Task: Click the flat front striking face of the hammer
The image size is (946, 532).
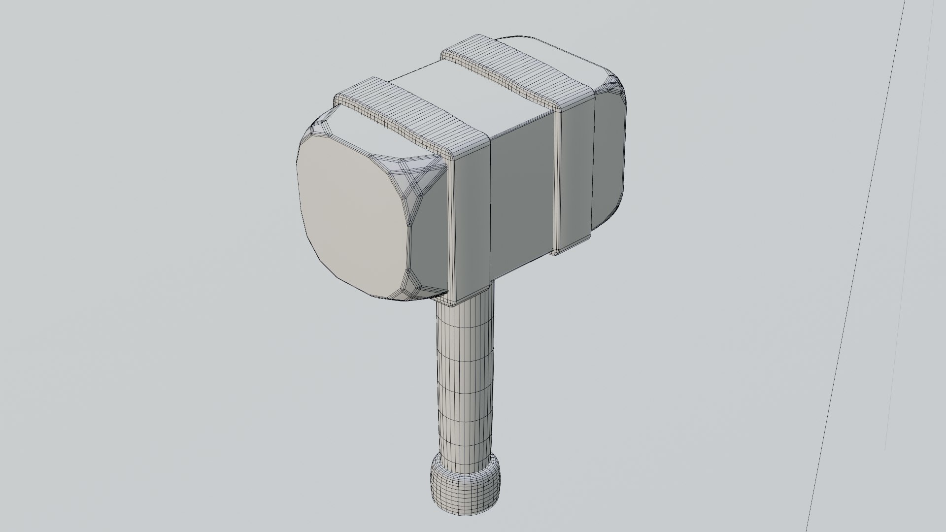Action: [x=352, y=217]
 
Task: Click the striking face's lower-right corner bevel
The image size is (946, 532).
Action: [x=411, y=286]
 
